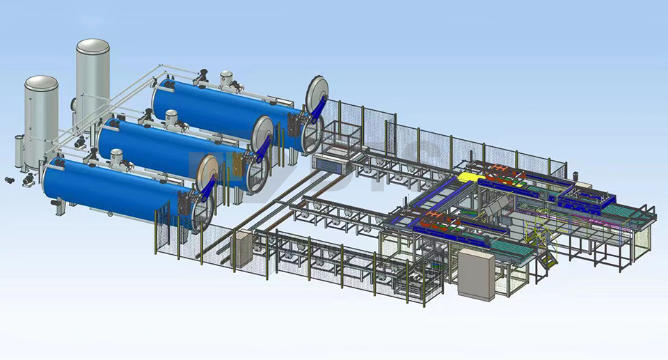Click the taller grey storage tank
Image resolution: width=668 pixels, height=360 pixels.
[x=93, y=77]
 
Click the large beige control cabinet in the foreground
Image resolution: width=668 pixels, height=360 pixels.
[x=476, y=276]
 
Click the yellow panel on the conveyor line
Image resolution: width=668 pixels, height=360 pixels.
[x=465, y=178]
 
